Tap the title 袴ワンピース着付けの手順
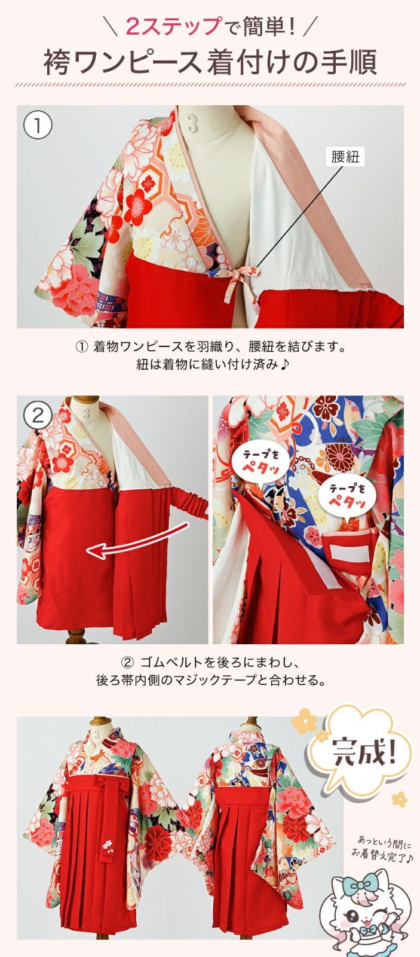coord(210,62)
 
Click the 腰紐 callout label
coord(345,157)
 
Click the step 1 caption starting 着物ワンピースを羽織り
coord(210,347)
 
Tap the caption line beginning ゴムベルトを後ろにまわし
coord(210,662)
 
